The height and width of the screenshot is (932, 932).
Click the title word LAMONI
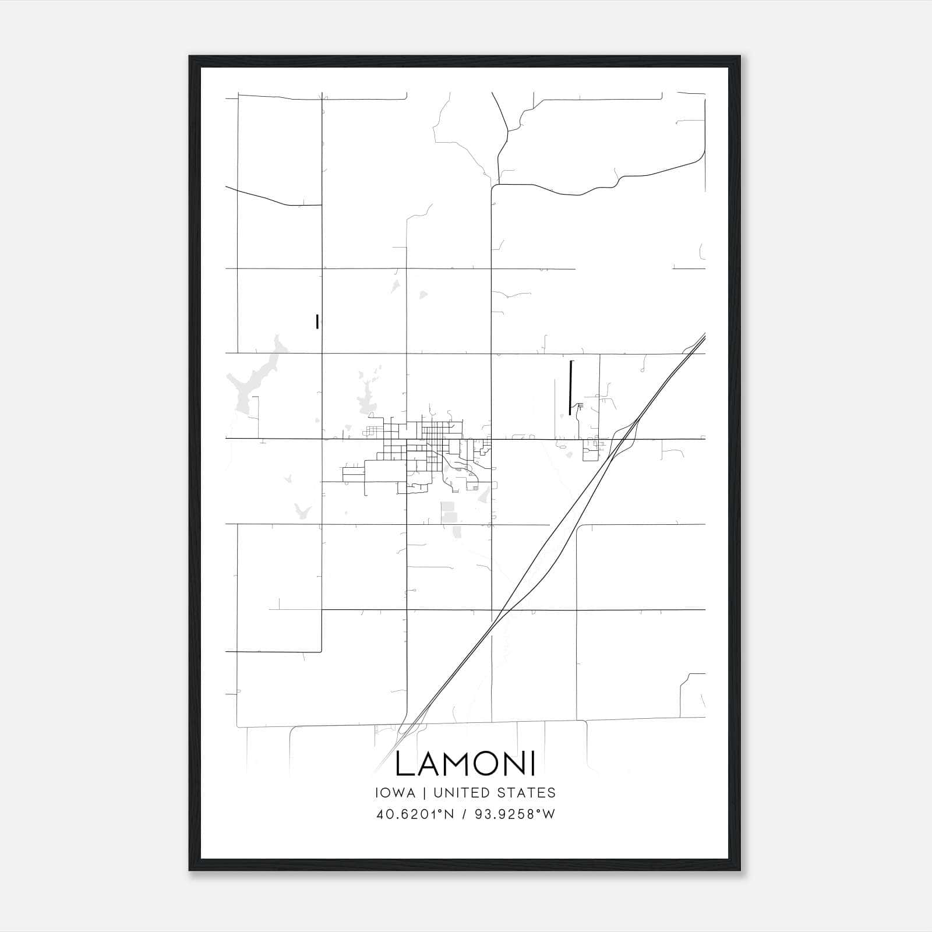[x=465, y=764]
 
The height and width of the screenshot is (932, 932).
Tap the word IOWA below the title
[x=396, y=793]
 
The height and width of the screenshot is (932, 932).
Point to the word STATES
[x=527, y=793]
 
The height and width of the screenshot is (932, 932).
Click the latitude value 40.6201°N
[x=414, y=814]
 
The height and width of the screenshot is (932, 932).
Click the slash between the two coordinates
[x=464, y=814]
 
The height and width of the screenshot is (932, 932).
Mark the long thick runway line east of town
[x=570, y=387]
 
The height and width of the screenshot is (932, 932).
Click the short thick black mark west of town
[x=317, y=322]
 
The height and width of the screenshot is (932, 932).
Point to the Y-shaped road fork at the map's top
[x=508, y=131]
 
